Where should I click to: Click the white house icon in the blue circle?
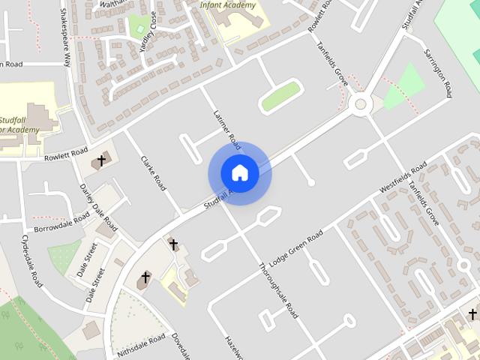click(x=239, y=172)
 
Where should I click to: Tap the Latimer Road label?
click(x=225, y=127)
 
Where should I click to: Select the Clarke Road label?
click(x=154, y=173)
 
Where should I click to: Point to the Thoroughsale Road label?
click(x=278, y=290)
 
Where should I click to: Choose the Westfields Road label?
click(x=403, y=178)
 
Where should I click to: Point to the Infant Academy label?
click(x=227, y=5)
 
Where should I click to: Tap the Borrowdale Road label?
click(x=61, y=227)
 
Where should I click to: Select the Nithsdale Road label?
click(x=141, y=346)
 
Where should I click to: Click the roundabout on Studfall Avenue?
click(x=362, y=104)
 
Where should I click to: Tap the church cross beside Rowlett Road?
click(x=101, y=160)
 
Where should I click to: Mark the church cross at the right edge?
click(x=472, y=313)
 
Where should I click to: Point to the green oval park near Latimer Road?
click(x=280, y=97)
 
